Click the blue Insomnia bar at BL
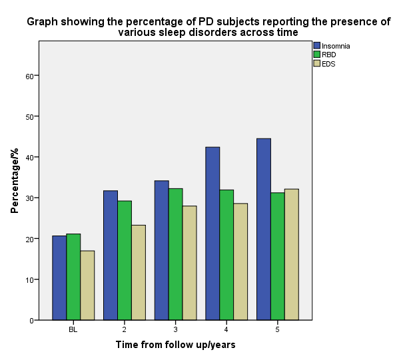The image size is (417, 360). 59,278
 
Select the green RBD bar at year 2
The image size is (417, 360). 125,260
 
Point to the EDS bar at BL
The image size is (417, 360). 87,285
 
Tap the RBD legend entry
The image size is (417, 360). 329,55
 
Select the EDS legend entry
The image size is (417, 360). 328,63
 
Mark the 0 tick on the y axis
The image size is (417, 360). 32,320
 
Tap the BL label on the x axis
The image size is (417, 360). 73,329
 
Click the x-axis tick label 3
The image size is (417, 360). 176,329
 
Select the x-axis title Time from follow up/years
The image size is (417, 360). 175,345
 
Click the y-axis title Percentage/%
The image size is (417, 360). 14,182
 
